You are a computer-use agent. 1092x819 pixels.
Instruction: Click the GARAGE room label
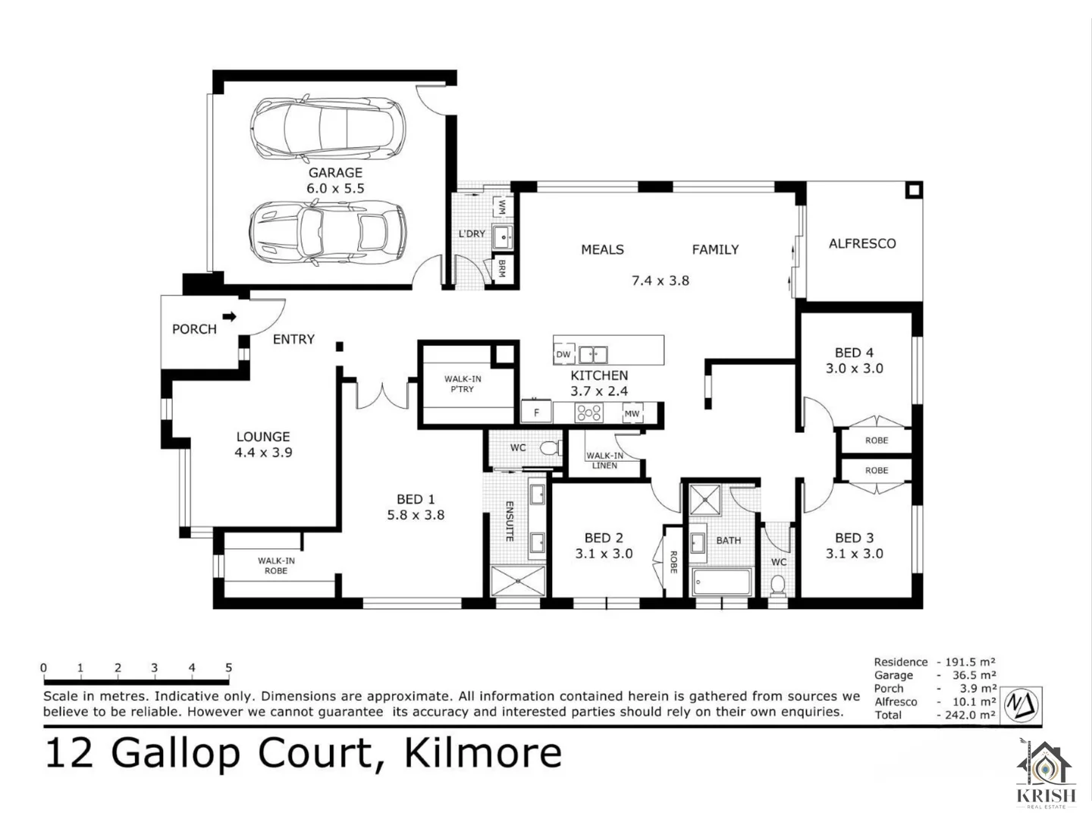[x=334, y=173]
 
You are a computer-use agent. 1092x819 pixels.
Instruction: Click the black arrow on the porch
[x=229, y=316]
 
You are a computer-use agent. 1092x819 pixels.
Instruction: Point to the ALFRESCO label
[x=861, y=243]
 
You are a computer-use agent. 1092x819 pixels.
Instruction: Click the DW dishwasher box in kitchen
[x=563, y=354]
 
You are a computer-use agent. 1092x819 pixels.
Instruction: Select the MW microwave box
[x=631, y=413]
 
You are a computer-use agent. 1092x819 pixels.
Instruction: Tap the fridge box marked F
[x=536, y=413]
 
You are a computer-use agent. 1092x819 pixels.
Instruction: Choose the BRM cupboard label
[x=501, y=268]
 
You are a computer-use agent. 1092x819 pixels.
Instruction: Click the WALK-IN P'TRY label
[x=463, y=384]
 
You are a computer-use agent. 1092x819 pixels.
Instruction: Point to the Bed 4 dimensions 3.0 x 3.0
[x=854, y=369]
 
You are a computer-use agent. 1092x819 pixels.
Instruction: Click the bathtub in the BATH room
[x=721, y=582]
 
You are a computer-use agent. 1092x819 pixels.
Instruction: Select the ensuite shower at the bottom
[x=517, y=581]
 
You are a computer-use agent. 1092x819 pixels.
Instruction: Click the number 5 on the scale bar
[x=228, y=668]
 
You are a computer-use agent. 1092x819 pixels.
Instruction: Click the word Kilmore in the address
[x=482, y=753]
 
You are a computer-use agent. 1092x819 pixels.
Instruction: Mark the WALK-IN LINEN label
[x=604, y=460]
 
